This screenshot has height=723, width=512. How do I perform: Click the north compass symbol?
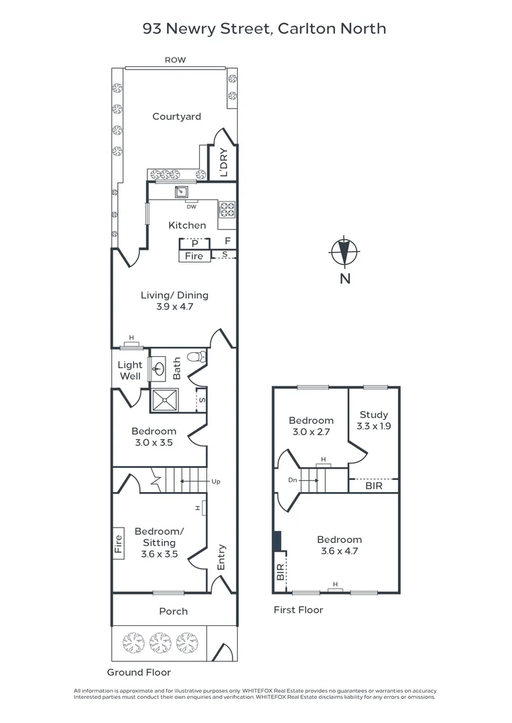tap(344, 252)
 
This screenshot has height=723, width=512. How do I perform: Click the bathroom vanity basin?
tap(159, 368)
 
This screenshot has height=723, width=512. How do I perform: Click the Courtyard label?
tap(176, 116)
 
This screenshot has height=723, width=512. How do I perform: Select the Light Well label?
tap(130, 370)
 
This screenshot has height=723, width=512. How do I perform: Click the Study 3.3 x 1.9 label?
tap(373, 420)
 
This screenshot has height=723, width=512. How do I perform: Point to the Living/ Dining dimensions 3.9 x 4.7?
tap(174, 308)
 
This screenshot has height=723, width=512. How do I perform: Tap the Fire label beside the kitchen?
tap(194, 256)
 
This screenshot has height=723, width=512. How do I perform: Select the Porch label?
tap(173, 611)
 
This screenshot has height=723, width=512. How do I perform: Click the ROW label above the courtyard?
tap(176, 60)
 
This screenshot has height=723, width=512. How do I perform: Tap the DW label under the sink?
tap(192, 206)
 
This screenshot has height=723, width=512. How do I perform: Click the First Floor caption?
tap(298, 610)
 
